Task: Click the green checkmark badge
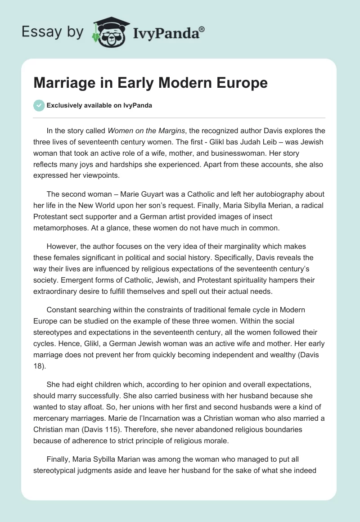click(x=39, y=105)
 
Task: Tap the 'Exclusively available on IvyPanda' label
click(x=99, y=105)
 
